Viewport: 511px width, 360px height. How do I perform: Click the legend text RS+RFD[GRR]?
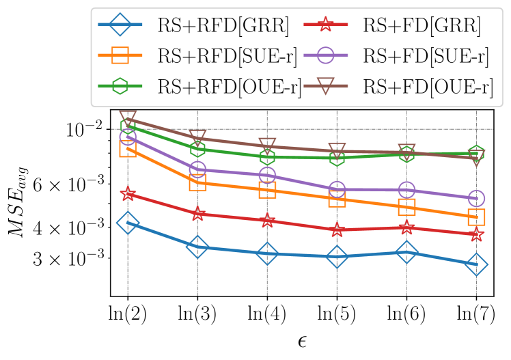223,26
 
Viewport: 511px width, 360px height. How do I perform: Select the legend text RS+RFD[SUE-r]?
227,57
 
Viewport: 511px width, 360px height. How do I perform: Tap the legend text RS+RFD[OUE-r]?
230,87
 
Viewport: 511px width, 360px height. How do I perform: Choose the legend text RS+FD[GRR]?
422,26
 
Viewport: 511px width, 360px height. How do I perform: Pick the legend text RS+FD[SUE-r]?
426,57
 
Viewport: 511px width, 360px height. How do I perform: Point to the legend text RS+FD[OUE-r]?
428,87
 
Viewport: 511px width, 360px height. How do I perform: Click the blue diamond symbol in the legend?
121,25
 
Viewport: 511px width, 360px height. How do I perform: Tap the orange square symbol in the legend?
121,56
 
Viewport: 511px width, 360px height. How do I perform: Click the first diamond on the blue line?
128,222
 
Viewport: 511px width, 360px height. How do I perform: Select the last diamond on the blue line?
476,264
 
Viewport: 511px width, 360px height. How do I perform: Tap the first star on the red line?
128,195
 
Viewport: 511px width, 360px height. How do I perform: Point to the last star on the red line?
476,235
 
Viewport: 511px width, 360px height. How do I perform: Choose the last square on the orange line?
476,217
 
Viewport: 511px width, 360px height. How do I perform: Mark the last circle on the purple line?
476,199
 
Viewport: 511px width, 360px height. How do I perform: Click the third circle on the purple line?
267,176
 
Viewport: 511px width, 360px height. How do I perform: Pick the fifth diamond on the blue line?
406,252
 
